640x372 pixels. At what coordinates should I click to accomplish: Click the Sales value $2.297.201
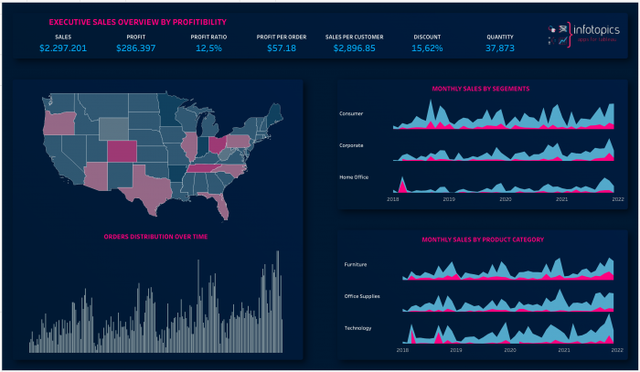point(63,48)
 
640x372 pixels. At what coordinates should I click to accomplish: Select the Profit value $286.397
point(135,48)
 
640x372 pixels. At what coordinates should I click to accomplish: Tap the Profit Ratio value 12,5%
point(208,48)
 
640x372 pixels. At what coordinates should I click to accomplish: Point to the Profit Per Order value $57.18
point(281,48)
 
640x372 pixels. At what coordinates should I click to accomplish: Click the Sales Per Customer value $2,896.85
point(354,48)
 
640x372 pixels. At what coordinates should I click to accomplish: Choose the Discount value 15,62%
point(427,48)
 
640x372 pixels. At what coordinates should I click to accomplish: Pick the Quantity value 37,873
point(500,48)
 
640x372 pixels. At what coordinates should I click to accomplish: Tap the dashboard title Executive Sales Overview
point(137,21)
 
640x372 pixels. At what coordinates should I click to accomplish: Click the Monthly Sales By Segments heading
point(481,89)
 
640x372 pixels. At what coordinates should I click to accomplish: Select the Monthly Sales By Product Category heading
point(483,239)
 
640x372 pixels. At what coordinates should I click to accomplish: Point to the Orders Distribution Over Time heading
point(155,236)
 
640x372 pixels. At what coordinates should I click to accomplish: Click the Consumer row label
point(351,114)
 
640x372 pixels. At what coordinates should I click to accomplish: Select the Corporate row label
point(352,145)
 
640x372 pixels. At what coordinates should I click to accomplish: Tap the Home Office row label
point(354,176)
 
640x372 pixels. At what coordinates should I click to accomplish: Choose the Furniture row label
point(355,264)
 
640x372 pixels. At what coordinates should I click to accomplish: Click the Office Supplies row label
point(362,296)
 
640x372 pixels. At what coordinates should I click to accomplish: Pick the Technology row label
point(357,327)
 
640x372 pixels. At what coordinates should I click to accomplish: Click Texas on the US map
point(151,188)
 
